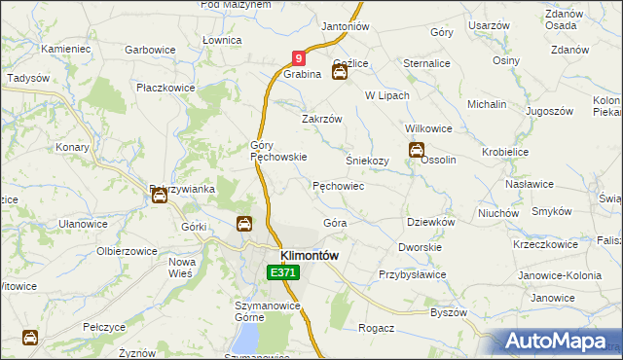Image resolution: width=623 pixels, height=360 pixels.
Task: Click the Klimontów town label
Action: coord(309,255)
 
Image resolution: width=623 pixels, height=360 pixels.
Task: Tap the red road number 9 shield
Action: coord(300,59)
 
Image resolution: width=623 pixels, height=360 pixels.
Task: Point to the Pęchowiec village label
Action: coord(338,185)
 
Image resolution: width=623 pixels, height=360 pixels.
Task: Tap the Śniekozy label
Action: coord(368,161)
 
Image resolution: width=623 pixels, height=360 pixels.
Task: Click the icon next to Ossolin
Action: coord(416,151)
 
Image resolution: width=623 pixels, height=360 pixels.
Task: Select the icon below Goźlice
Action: coord(339,72)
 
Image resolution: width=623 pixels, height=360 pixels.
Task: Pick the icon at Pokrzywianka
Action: coord(160,197)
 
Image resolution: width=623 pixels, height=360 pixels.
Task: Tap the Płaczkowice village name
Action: coord(165,88)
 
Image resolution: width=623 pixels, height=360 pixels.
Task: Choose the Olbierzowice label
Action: coord(127,250)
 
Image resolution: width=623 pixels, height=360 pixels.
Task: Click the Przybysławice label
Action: coord(412,274)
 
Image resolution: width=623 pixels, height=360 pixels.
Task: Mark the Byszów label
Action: coord(449,312)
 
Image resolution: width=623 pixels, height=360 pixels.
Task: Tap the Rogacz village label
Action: coord(376,328)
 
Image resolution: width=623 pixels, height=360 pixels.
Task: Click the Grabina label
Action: coord(303,74)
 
